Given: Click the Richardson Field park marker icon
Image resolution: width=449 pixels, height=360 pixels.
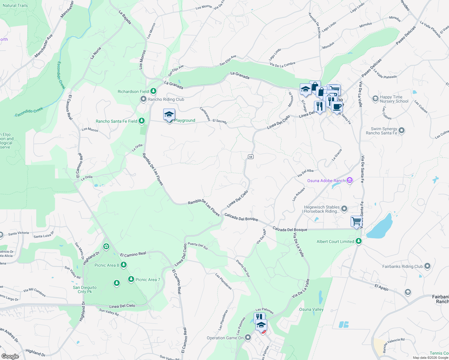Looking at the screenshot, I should coord(153,91).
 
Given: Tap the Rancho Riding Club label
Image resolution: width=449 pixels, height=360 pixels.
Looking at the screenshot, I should coord(166,99).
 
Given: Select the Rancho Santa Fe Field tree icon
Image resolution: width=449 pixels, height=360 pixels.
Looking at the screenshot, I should coord(142,121).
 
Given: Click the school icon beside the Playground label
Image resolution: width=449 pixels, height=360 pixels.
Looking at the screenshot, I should coord(169,115).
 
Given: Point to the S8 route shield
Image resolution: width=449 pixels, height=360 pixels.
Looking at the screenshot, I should coord(251,157).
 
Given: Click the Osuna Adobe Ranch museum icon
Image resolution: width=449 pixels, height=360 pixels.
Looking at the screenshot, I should coord(349,180).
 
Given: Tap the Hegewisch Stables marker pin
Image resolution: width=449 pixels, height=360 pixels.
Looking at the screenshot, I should coord(344,208).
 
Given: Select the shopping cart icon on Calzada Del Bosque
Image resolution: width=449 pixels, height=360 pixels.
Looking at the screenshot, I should coord(356,222).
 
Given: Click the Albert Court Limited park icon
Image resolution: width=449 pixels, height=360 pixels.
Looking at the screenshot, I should coord(358,241).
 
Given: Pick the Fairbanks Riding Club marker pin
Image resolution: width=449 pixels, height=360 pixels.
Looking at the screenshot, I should coord(427,266).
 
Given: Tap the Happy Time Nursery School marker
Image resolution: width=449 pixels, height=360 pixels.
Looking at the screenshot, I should coord(375,98).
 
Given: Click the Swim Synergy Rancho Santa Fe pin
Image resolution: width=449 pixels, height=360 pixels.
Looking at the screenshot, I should coord(402,130).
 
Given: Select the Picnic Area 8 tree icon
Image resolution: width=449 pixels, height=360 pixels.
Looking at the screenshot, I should coord(123,265).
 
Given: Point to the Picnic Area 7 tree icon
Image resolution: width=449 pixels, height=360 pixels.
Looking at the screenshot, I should coord(131,279).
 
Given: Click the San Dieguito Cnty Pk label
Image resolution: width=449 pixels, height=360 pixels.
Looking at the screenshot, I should coord(85,289).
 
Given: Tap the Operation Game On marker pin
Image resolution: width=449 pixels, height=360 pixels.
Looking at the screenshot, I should coord(248,338).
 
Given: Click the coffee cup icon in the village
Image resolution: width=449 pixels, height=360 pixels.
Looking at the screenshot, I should coord(337,106).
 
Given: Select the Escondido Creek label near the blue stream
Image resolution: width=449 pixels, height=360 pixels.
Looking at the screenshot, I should coord(29,112).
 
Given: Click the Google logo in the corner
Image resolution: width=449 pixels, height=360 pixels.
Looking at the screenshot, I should coord(10,356).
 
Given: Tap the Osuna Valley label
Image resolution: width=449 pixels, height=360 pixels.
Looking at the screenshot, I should coord(311,309).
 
